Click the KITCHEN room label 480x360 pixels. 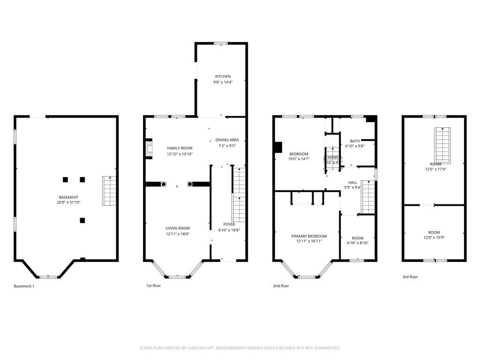223,76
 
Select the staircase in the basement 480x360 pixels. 109,191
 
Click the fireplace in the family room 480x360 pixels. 149,149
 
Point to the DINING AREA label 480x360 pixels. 227,140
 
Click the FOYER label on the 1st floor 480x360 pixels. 229,225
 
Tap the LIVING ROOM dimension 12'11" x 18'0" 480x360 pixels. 177,234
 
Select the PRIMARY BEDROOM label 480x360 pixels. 308,236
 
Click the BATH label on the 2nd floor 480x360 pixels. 355,141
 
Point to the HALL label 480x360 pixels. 352,182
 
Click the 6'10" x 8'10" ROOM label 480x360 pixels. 357,238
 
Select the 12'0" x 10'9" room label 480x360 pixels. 434,232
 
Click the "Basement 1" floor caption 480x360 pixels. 24,286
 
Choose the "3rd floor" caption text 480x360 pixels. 410,277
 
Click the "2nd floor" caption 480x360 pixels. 281,286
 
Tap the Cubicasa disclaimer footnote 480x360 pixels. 240,348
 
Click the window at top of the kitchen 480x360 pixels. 221,44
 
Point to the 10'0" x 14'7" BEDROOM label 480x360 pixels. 299,154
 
